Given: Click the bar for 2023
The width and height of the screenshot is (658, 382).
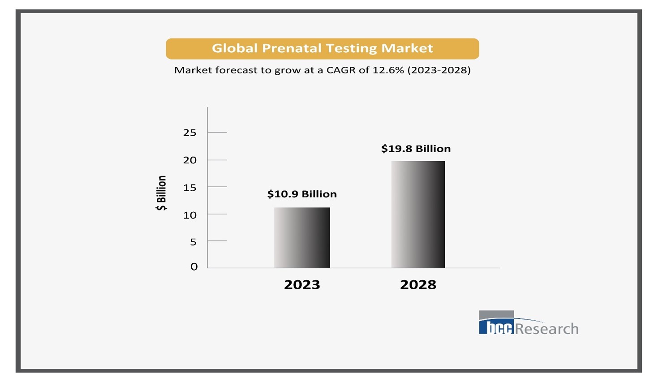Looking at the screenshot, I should (x=302, y=237).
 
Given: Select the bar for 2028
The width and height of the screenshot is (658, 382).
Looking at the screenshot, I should (x=418, y=214).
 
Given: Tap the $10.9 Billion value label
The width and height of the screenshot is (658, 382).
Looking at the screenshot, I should (x=302, y=194).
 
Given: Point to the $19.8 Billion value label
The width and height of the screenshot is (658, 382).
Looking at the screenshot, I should (x=416, y=149).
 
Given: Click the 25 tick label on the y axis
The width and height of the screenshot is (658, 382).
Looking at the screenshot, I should (x=189, y=133).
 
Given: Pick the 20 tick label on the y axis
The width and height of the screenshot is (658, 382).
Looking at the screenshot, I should (x=189, y=160).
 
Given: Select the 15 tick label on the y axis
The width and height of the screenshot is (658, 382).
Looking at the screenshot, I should (x=189, y=188).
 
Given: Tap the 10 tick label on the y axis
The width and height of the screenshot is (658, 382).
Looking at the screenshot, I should (x=189, y=215).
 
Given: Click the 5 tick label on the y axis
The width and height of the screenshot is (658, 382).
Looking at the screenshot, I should (x=193, y=242).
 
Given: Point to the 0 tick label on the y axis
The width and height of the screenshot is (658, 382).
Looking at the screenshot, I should (x=194, y=267).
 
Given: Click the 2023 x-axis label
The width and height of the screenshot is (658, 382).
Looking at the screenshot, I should (x=302, y=285).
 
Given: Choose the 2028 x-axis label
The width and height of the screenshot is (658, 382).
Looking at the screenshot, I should (x=418, y=285).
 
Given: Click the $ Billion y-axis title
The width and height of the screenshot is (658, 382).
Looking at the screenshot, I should (x=161, y=193).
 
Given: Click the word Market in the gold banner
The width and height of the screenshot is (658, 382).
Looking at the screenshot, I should (x=407, y=48).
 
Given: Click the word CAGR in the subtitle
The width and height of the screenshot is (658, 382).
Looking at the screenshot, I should (x=342, y=70).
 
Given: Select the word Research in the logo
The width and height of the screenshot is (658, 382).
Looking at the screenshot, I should (x=547, y=329).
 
